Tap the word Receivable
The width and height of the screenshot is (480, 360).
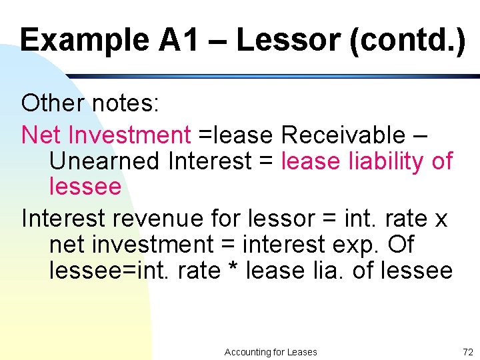click(343, 135)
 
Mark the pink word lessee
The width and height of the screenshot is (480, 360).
click(85, 187)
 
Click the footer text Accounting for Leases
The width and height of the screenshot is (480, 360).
click(271, 352)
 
